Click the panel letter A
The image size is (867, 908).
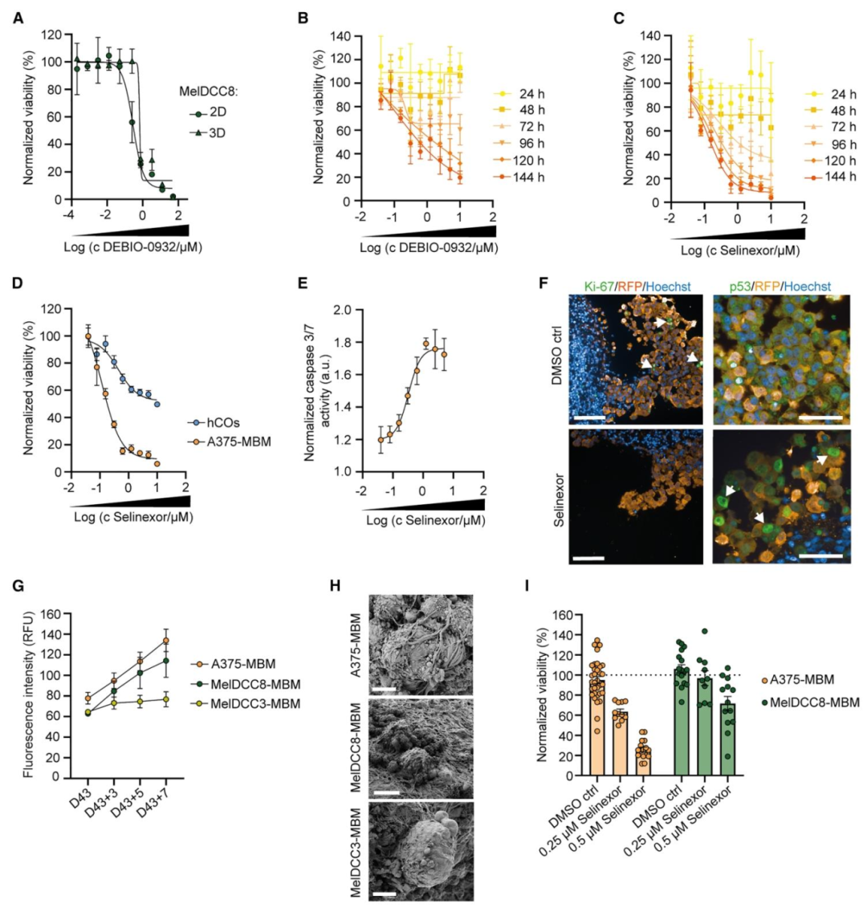click(18, 19)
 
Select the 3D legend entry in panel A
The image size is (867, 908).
click(207, 133)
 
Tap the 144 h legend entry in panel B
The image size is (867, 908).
click(519, 177)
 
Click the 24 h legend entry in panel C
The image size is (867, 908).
click(831, 95)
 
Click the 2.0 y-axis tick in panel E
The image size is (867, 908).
click(342, 310)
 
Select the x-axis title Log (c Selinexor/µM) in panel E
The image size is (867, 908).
click(425, 521)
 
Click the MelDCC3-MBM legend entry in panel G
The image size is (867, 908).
click(246, 705)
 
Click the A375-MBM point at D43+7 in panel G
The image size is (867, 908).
click(166, 641)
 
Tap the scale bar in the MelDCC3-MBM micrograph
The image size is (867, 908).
click(385, 894)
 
